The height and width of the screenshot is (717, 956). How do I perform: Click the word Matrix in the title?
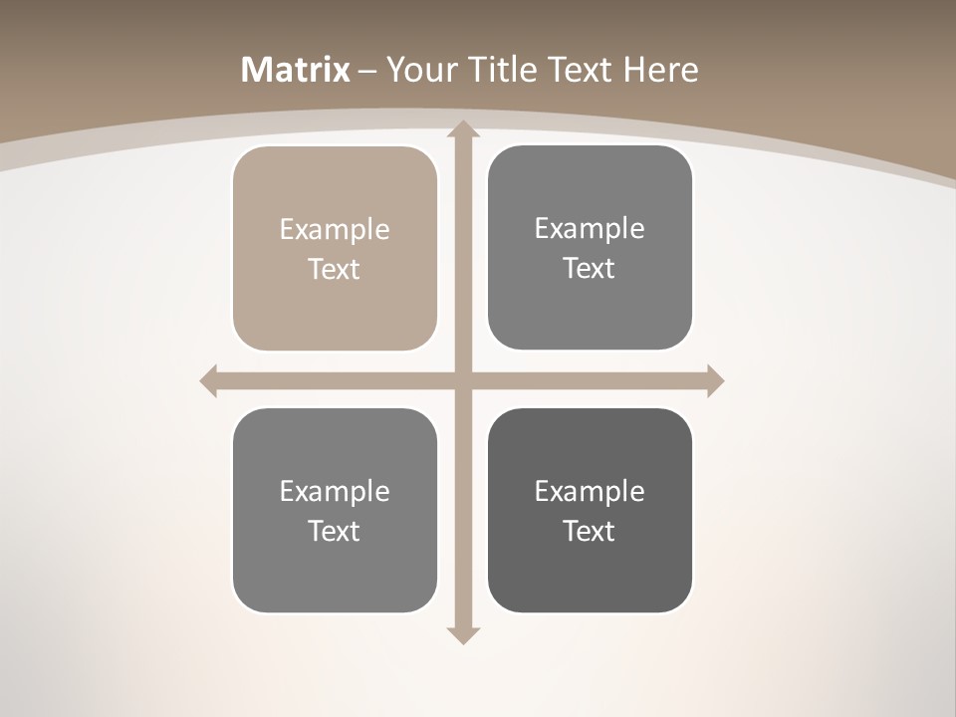tap(296, 70)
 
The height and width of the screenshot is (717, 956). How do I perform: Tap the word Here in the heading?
tap(661, 70)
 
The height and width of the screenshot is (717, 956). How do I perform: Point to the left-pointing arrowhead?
tap(209, 380)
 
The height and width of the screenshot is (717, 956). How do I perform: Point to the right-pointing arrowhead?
tap(715, 380)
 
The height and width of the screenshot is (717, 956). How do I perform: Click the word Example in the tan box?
tap(335, 230)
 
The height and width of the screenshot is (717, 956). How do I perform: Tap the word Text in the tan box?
tap(335, 270)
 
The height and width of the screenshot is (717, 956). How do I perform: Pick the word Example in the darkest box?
tap(590, 491)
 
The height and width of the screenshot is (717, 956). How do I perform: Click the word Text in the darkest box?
tap(590, 531)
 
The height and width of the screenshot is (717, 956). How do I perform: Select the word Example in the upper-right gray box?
tap(590, 229)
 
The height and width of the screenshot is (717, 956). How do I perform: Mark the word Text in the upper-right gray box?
tap(590, 269)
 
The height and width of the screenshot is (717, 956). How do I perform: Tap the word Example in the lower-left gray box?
tap(335, 491)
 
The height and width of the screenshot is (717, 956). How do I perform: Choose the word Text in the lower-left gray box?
tap(335, 531)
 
